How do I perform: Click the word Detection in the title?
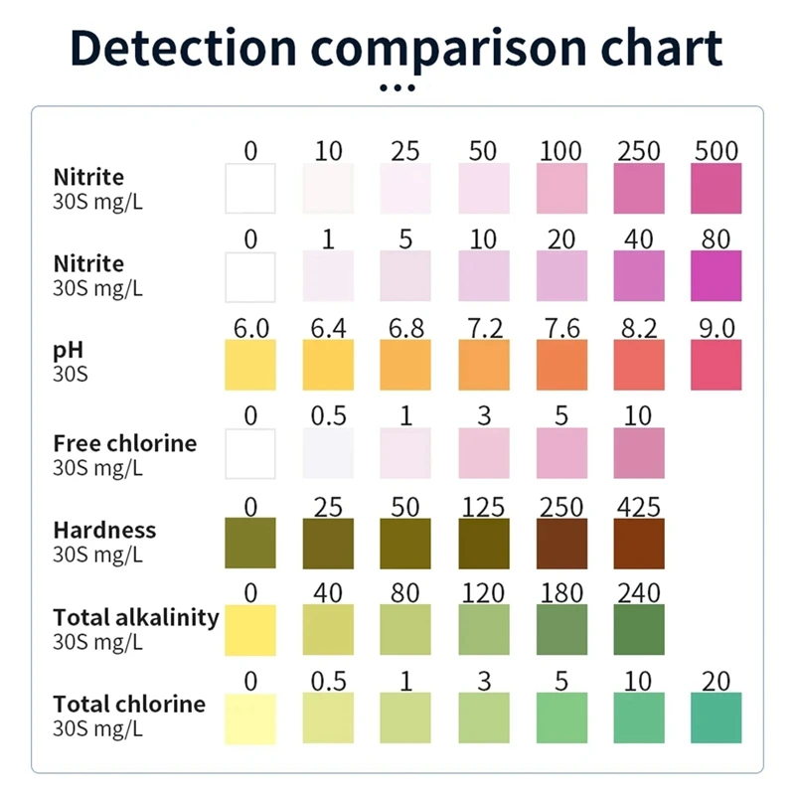[184, 48]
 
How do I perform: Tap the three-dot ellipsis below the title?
[397, 88]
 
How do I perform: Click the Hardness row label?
[104, 530]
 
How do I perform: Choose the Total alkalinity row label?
[136, 617]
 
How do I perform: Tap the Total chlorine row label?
[129, 705]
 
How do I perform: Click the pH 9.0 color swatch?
[716, 365]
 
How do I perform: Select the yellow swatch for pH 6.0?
[250, 365]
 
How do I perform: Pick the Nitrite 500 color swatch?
[716, 189]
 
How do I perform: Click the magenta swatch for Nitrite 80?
[716, 276]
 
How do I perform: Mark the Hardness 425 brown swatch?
[639, 543]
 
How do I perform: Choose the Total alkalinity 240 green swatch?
[639, 630]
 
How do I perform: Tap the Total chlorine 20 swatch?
[716, 717]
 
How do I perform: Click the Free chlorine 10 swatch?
[639, 454]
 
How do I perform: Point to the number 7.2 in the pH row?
[484, 328]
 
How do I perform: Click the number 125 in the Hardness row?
[484, 506]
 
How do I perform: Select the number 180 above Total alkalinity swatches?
[561, 593]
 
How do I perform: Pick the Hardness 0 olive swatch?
[250, 543]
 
